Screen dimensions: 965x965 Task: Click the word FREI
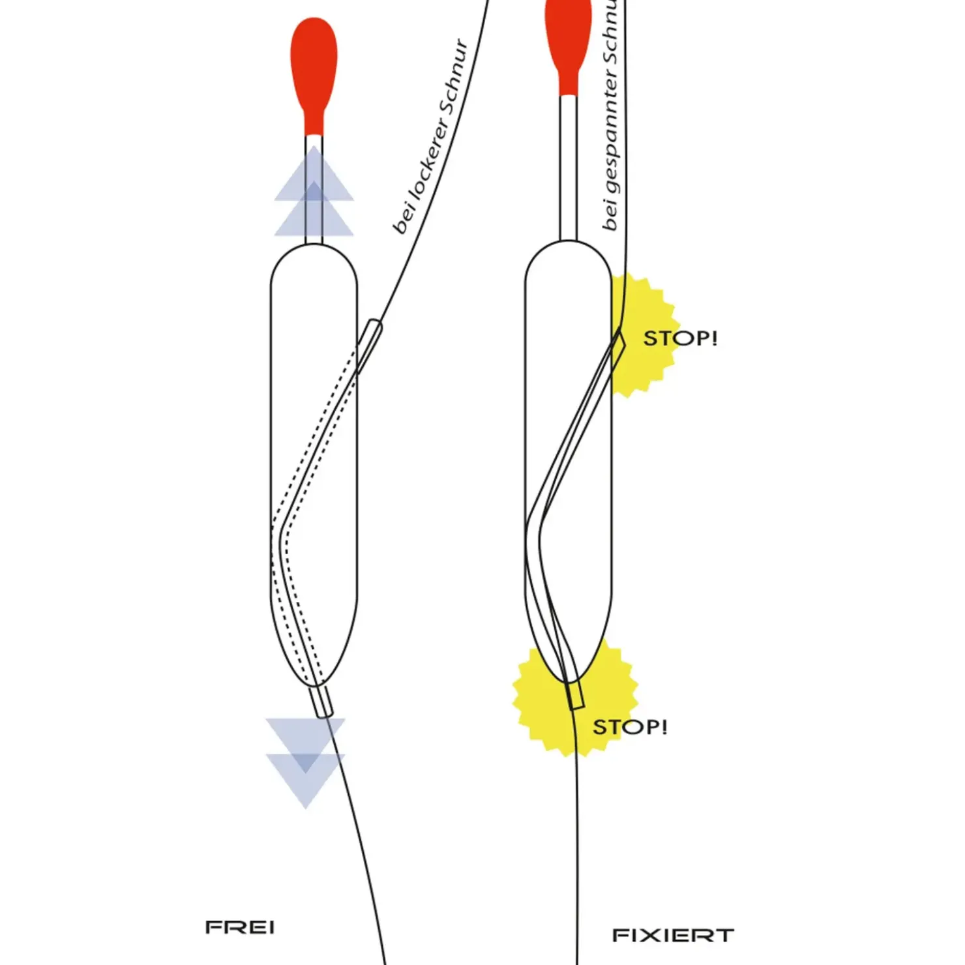click(x=240, y=927)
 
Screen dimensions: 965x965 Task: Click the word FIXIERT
click(x=673, y=935)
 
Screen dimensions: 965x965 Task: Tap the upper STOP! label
click(x=680, y=338)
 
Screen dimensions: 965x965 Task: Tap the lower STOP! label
click(x=630, y=726)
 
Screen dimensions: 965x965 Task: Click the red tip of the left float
click(x=314, y=65)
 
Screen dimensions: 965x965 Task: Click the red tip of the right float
click(x=568, y=39)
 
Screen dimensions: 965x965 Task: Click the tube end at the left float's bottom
click(x=321, y=702)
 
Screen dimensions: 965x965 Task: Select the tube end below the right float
click(x=575, y=696)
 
